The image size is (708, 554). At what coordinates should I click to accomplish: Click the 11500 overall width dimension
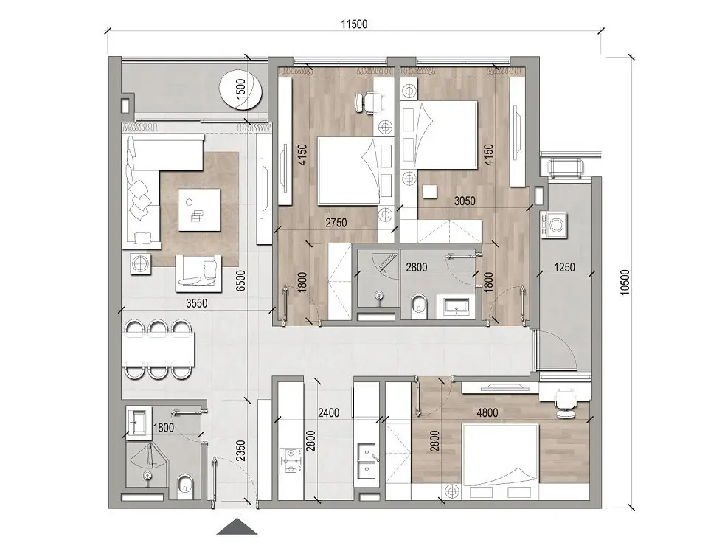[353, 24]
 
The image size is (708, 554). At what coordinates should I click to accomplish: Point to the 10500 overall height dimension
[626, 280]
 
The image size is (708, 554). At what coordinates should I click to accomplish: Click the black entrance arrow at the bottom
[237, 527]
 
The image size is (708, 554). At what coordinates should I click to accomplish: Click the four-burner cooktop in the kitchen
[291, 463]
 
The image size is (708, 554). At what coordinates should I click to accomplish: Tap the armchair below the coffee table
[198, 271]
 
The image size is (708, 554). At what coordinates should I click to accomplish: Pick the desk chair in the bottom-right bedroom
[564, 402]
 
